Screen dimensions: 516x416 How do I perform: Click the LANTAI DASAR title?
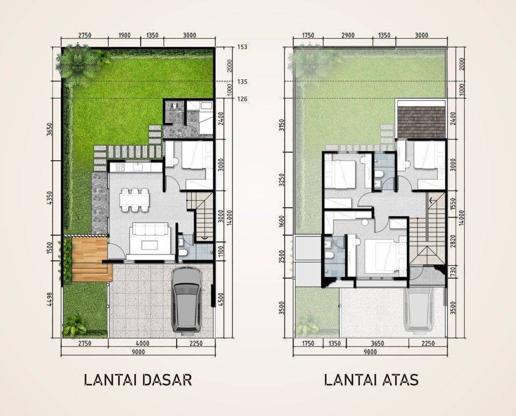[138, 380]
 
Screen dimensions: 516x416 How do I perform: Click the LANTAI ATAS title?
[371, 380]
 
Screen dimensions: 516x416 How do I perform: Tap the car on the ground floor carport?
[187, 299]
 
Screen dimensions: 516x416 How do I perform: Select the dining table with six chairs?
[134, 199]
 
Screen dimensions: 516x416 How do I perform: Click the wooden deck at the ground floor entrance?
[90, 259]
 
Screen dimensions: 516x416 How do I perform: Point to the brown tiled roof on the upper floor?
[421, 122]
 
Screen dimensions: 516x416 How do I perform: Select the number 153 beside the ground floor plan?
[242, 47]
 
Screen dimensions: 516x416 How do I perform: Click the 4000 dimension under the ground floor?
[142, 344]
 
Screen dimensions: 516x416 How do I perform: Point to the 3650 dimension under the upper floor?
[377, 344]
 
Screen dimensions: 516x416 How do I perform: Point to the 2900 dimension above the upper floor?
[348, 35]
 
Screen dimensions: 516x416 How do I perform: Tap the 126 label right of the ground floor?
[242, 99]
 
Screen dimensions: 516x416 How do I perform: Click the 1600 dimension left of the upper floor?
[281, 221]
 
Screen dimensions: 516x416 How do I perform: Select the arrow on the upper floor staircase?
[432, 200]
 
